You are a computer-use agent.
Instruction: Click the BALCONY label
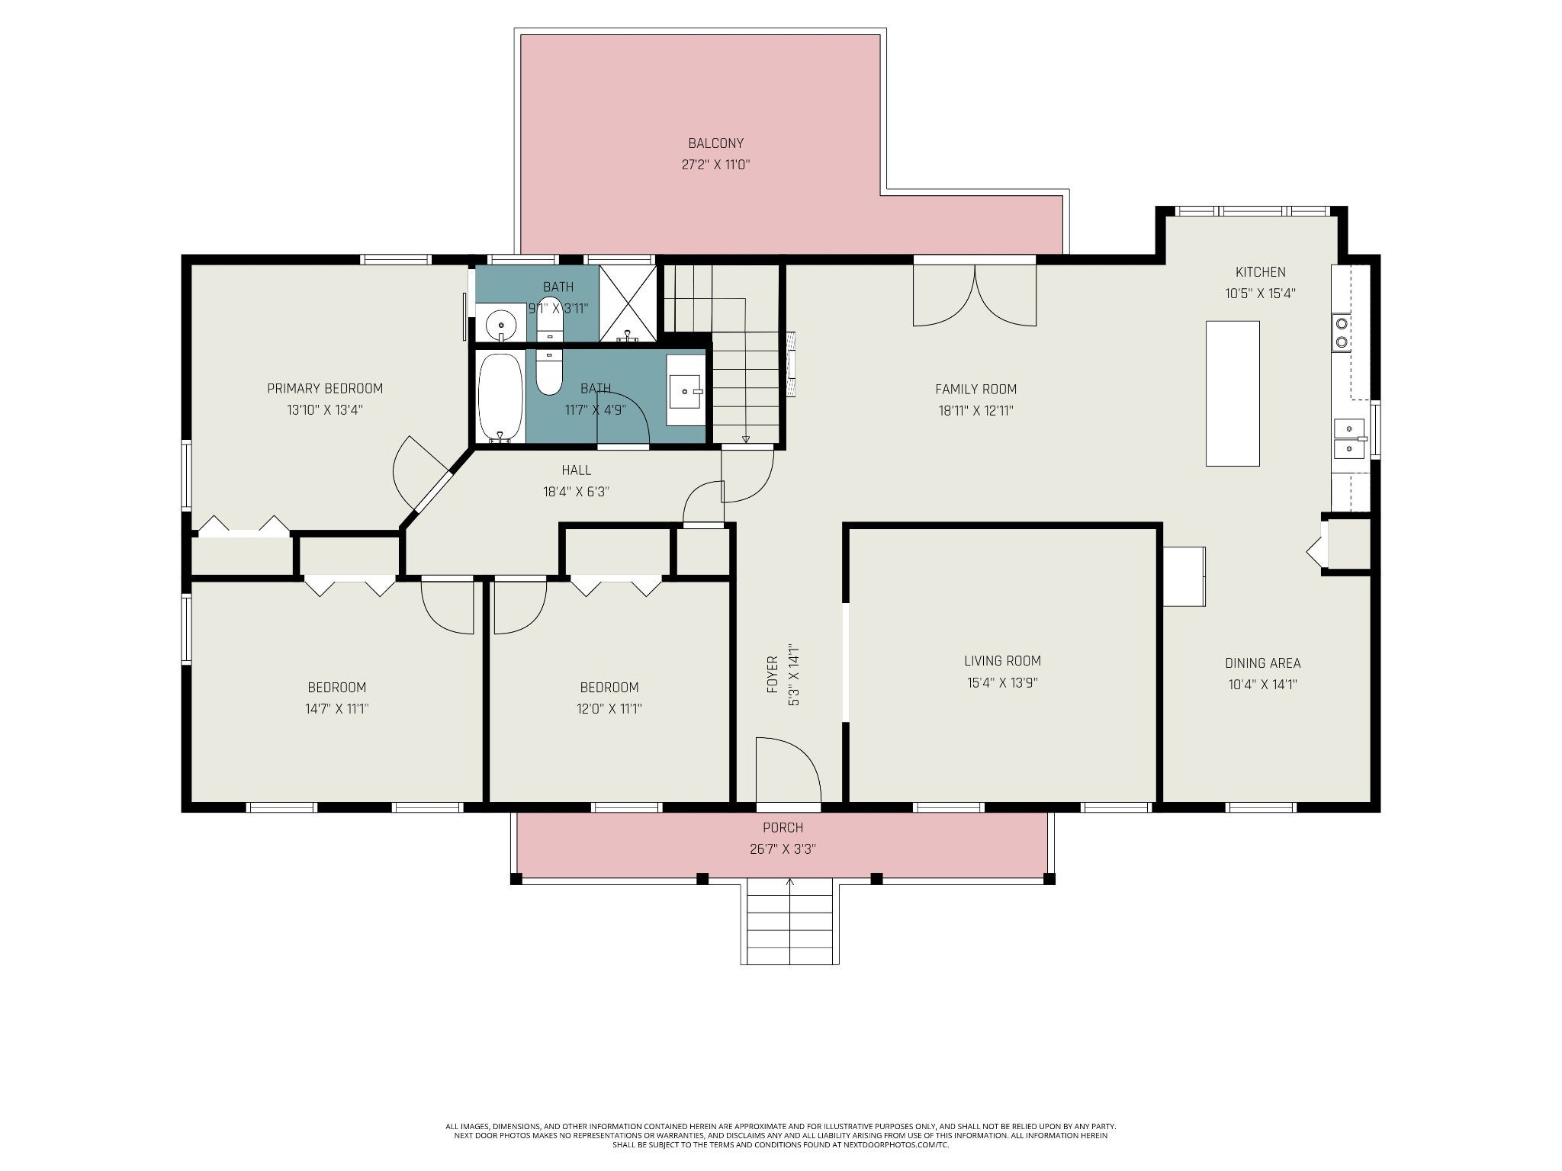[715, 143]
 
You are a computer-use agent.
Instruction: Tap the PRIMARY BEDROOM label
[325, 389]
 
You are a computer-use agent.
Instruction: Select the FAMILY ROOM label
[975, 390]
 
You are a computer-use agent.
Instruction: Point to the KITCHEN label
[1261, 272]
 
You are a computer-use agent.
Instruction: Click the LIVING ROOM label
[1002, 661]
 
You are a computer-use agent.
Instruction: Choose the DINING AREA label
[1263, 663]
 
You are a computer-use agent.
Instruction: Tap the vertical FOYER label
[773, 675]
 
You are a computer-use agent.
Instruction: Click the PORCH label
[783, 828]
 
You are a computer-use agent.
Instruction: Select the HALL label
[576, 470]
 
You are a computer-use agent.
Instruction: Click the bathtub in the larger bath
[500, 397]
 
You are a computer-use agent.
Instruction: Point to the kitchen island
[1233, 393]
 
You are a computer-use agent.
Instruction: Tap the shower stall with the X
[627, 303]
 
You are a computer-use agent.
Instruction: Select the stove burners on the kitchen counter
[1341, 333]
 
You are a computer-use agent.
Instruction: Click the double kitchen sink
[1348, 438]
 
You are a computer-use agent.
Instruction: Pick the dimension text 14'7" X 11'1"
[336, 709]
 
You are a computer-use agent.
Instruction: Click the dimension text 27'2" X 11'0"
[715, 165]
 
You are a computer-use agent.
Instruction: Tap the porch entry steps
[789, 921]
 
